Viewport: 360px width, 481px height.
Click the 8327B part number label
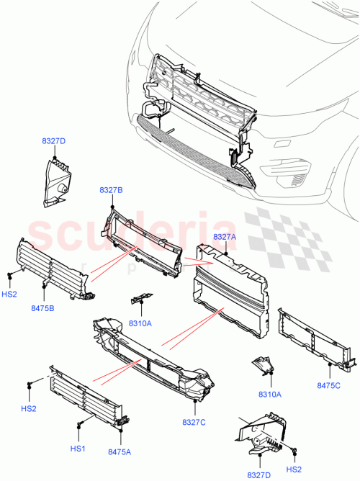coord(111,189)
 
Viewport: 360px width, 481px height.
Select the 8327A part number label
coord(225,236)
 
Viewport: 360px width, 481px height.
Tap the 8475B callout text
coord(43,308)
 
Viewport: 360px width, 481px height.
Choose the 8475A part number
coord(120,452)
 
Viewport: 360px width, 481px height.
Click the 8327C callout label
coord(194,422)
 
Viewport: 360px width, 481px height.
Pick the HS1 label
coord(77,449)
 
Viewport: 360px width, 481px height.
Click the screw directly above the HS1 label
coord(77,428)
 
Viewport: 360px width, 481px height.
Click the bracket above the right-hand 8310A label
coord(264,367)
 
